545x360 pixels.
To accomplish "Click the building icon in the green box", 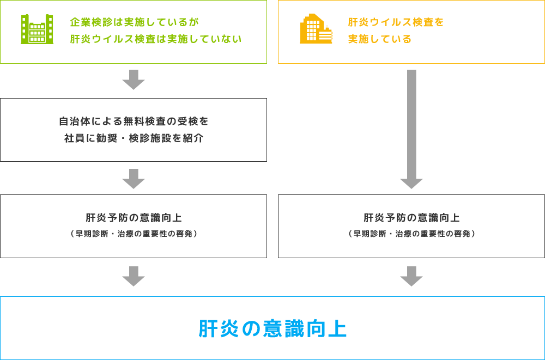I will click(x=37, y=28).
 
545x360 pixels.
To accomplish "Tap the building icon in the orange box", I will click(x=316, y=28).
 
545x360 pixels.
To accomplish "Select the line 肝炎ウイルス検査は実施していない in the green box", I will click(x=157, y=39).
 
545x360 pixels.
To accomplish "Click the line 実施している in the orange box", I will click(x=380, y=39).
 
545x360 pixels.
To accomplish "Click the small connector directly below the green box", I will click(x=134, y=80).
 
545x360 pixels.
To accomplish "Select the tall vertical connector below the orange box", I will click(x=411, y=130).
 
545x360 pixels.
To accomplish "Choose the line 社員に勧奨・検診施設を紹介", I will click(x=131, y=138).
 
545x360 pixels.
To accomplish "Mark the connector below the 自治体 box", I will click(x=134, y=179).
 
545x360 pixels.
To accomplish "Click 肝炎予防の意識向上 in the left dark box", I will click(x=134, y=218).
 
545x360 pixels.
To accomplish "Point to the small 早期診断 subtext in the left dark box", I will click(x=134, y=234).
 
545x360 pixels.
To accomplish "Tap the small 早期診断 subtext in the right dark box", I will click(x=410, y=234).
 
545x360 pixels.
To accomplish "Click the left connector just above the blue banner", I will click(x=134, y=277).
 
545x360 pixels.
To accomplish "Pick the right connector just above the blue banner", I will click(x=411, y=277).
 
